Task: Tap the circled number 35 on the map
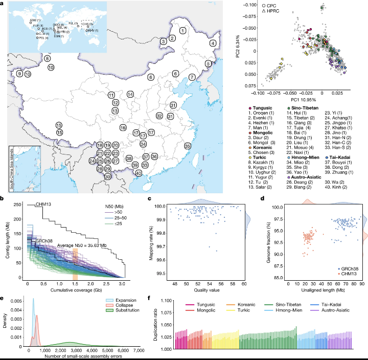(188, 146)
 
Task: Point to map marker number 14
(130, 94)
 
